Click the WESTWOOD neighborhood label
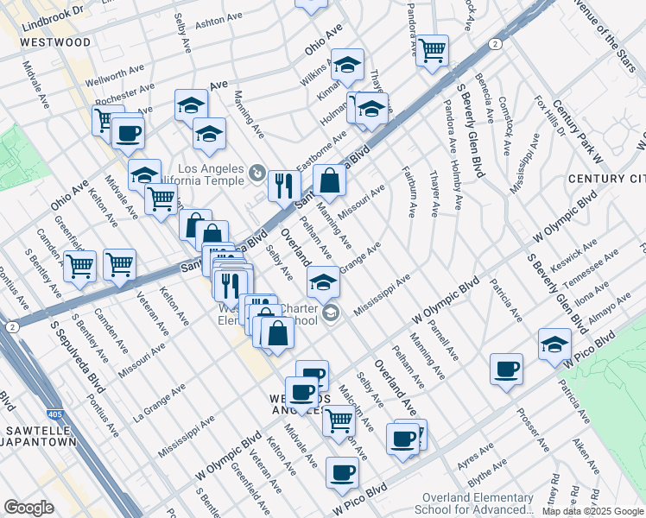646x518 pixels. tap(54, 41)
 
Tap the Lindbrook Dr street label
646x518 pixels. tap(54, 9)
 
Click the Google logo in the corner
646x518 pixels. tap(28, 508)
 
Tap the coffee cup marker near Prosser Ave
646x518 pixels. tap(506, 369)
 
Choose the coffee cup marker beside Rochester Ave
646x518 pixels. tap(128, 133)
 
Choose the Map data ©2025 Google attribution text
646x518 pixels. tap(592, 511)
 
